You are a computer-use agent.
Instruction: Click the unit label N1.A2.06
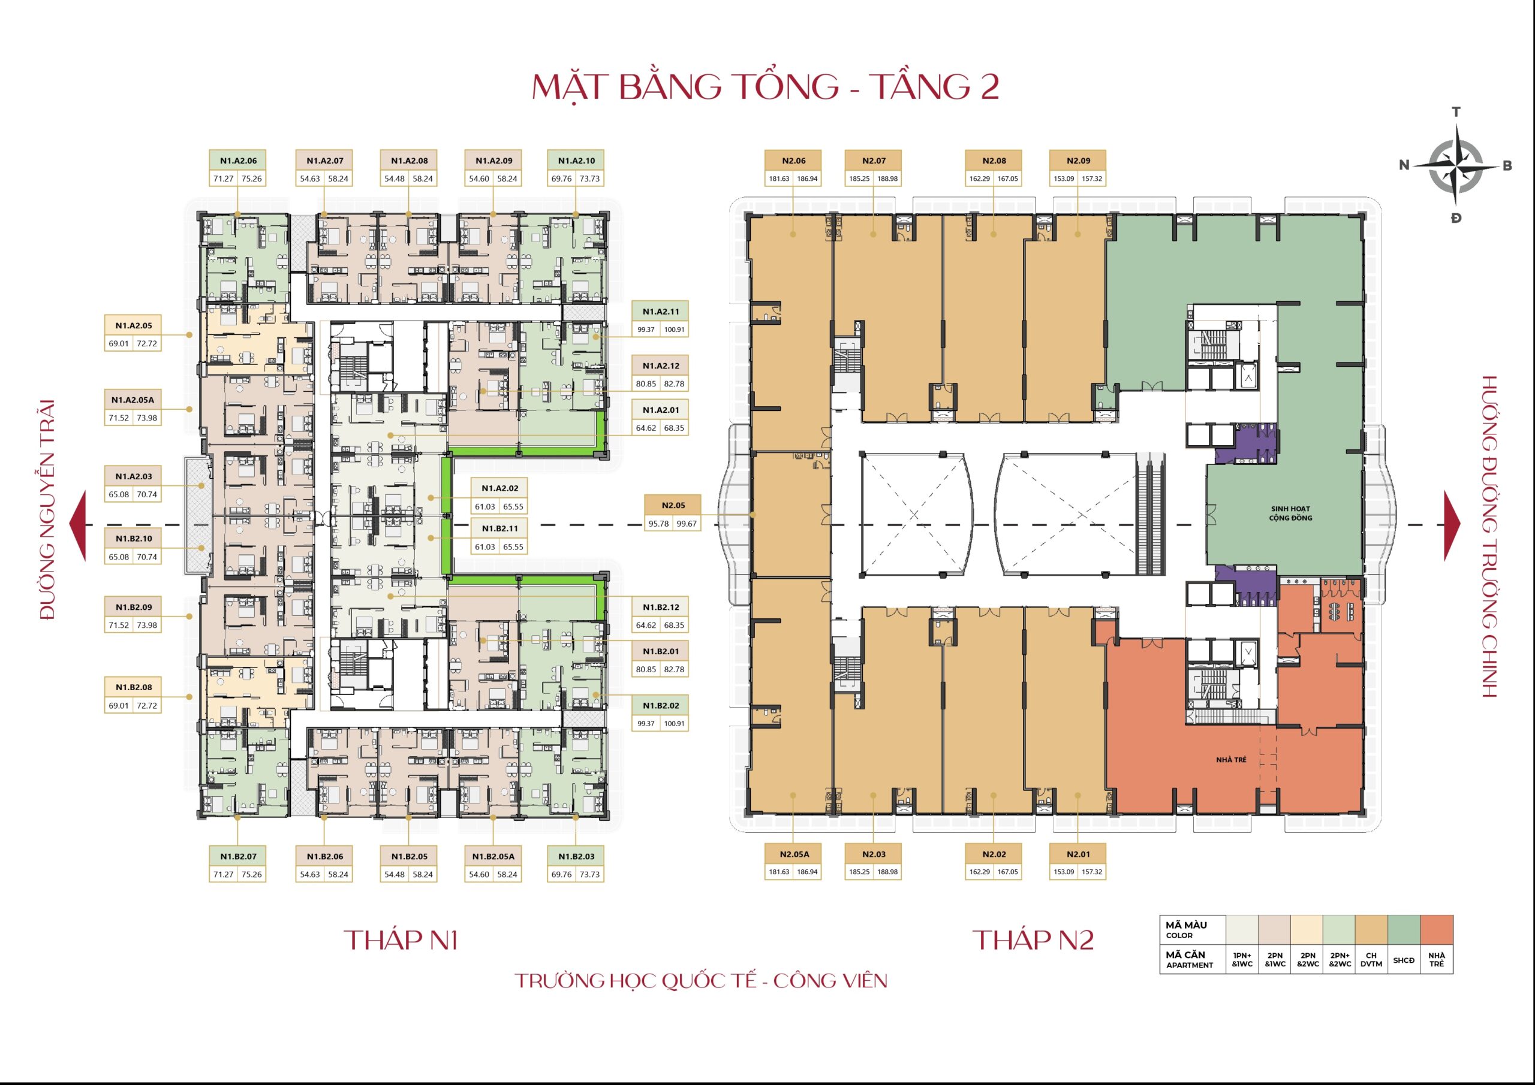(x=238, y=161)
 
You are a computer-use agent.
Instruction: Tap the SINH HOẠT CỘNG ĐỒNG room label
(x=1290, y=513)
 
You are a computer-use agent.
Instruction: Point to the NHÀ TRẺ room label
(x=1231, y=760)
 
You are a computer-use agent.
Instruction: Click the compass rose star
(x=1455, y=165)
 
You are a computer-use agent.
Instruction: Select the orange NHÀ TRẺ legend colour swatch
(x=1436, y=929)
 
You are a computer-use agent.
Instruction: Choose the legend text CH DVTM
(x=1371, y=959)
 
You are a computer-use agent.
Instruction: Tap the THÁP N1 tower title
(x=401, y=940)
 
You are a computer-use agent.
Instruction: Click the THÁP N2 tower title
(x=1034, y=940)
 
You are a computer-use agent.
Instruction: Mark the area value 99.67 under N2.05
(x=687, y=524)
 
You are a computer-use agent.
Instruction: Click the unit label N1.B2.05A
(x=493, y=857)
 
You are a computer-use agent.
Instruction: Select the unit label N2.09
(x=1078, y=161)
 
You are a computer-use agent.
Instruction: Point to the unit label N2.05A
(x=793, y=854)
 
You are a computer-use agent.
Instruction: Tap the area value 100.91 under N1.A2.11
(x=674, y=330)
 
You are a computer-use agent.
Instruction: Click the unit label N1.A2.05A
(x=133, y=400)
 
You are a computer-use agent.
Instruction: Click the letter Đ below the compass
(x=1456, y=218)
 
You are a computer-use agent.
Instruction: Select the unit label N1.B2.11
(x=500, y=528)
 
